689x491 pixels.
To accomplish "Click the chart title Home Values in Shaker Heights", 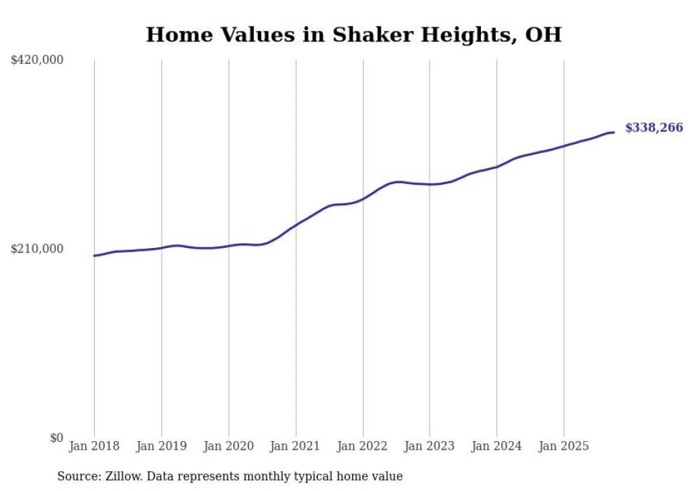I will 354,35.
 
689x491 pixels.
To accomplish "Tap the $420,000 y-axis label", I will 37,60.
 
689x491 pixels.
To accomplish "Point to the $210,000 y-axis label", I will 37,249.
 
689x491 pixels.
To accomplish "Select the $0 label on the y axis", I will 56,438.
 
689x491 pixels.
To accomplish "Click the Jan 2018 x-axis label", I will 94,446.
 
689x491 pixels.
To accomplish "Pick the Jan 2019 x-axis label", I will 161,446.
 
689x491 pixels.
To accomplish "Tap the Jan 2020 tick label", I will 228,446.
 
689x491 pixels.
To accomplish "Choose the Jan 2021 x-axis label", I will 295,446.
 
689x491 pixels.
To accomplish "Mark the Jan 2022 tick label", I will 363,446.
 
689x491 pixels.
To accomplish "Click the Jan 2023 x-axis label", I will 430,446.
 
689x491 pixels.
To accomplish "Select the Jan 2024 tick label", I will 496,446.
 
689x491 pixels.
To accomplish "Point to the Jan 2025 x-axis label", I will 563,446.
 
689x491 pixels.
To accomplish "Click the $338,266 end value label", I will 653,128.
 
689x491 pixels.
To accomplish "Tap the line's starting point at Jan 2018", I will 94,256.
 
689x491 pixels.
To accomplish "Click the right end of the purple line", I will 614,132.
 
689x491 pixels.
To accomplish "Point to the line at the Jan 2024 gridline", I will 496,167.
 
